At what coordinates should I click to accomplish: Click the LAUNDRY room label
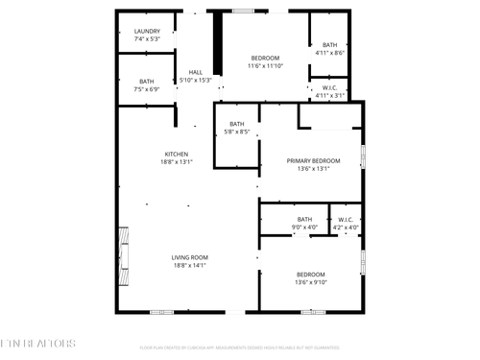(x=147, y=31)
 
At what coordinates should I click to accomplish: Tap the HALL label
(x=196, y=72)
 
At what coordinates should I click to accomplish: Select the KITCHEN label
(x=177, y=154)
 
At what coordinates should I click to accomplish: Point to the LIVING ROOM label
(x=190, y=257)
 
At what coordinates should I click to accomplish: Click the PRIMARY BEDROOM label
(x=313, y=160)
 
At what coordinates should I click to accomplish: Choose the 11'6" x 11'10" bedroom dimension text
(x=265, y=66)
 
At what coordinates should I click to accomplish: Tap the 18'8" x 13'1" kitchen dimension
(x=177, y=162)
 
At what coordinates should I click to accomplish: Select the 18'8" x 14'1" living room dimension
(x=190, y=266)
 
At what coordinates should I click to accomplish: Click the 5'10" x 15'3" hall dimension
(x=196, y=81)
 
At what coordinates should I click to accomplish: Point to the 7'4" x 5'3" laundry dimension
(x=147, y=39)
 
